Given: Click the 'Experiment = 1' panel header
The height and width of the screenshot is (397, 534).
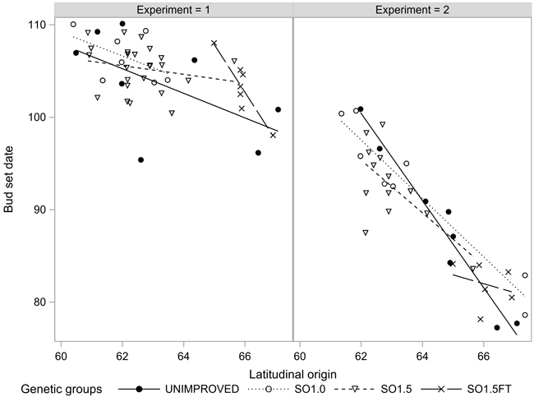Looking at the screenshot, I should pyautogui.click(x=173, y=10).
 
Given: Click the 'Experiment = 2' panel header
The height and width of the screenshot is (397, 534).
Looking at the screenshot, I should pyautogui.click(x=412, y=10).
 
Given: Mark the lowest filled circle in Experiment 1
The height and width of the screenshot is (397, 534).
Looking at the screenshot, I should pyautogui.click(x=140, y=159).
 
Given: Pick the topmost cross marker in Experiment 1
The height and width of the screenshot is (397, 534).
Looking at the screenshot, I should pyautogui.click(x=214, y=43).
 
